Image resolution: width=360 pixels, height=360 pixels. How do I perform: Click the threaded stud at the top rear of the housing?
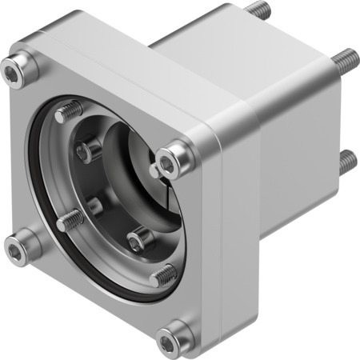coord(258,10)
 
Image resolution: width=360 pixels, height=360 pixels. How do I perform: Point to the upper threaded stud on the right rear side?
coord(346,58)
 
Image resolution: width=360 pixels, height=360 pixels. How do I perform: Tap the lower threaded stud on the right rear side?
coord(346,162)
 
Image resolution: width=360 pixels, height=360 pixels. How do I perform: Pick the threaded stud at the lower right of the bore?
coord(162,274)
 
